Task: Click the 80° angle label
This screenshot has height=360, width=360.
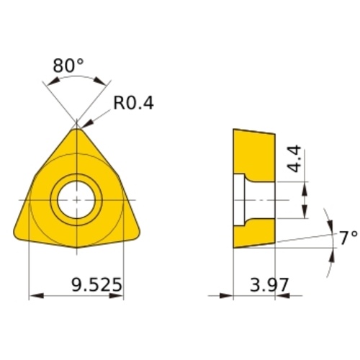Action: point(68,66)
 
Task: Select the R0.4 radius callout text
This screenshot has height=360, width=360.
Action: point(133,103)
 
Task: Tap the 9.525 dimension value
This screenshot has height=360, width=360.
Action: point(97,285)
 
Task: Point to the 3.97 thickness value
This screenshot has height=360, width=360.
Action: point(269,285)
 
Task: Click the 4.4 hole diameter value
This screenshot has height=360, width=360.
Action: point(294,158)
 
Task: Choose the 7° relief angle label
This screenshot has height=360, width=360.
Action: point(348,238)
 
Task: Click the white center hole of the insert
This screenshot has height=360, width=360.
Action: point(76,200)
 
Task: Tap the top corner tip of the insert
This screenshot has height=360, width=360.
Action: point(76,129)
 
